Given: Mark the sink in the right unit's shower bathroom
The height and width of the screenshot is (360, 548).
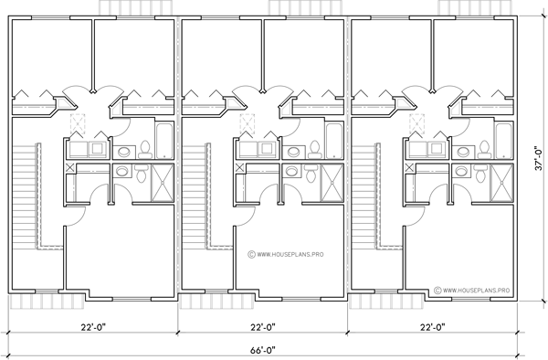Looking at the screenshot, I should point(462,170).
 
